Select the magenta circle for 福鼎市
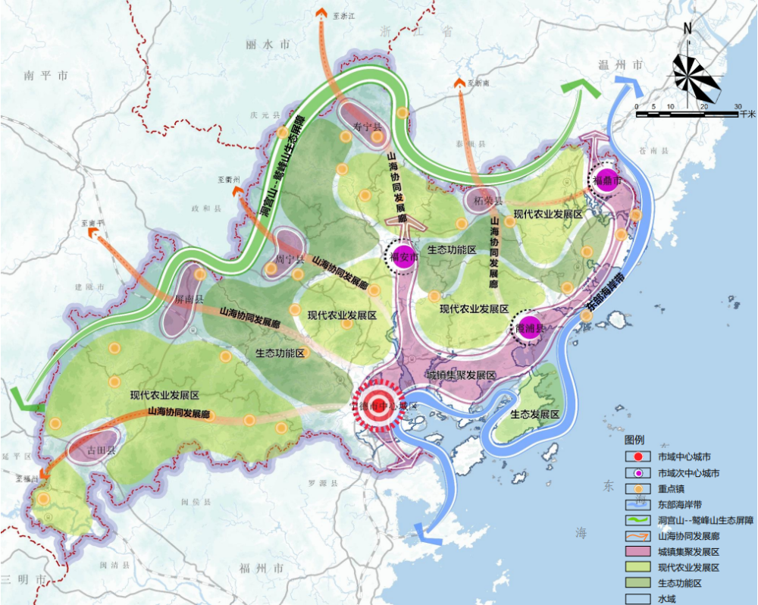[x=606, y=180]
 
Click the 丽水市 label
[x=268, y=45]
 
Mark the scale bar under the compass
[x=687, y=114]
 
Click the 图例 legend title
[x=634, y=440]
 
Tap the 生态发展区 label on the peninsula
[x=534, y=415]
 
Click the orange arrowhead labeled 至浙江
[x=321, y=12]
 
